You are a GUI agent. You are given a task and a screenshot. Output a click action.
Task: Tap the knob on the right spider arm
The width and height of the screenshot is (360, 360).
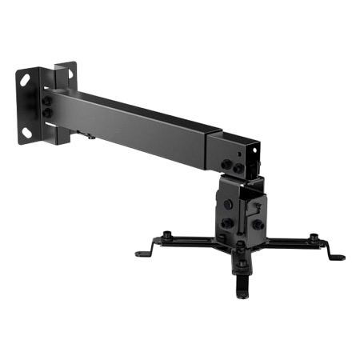tap(314, 237)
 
